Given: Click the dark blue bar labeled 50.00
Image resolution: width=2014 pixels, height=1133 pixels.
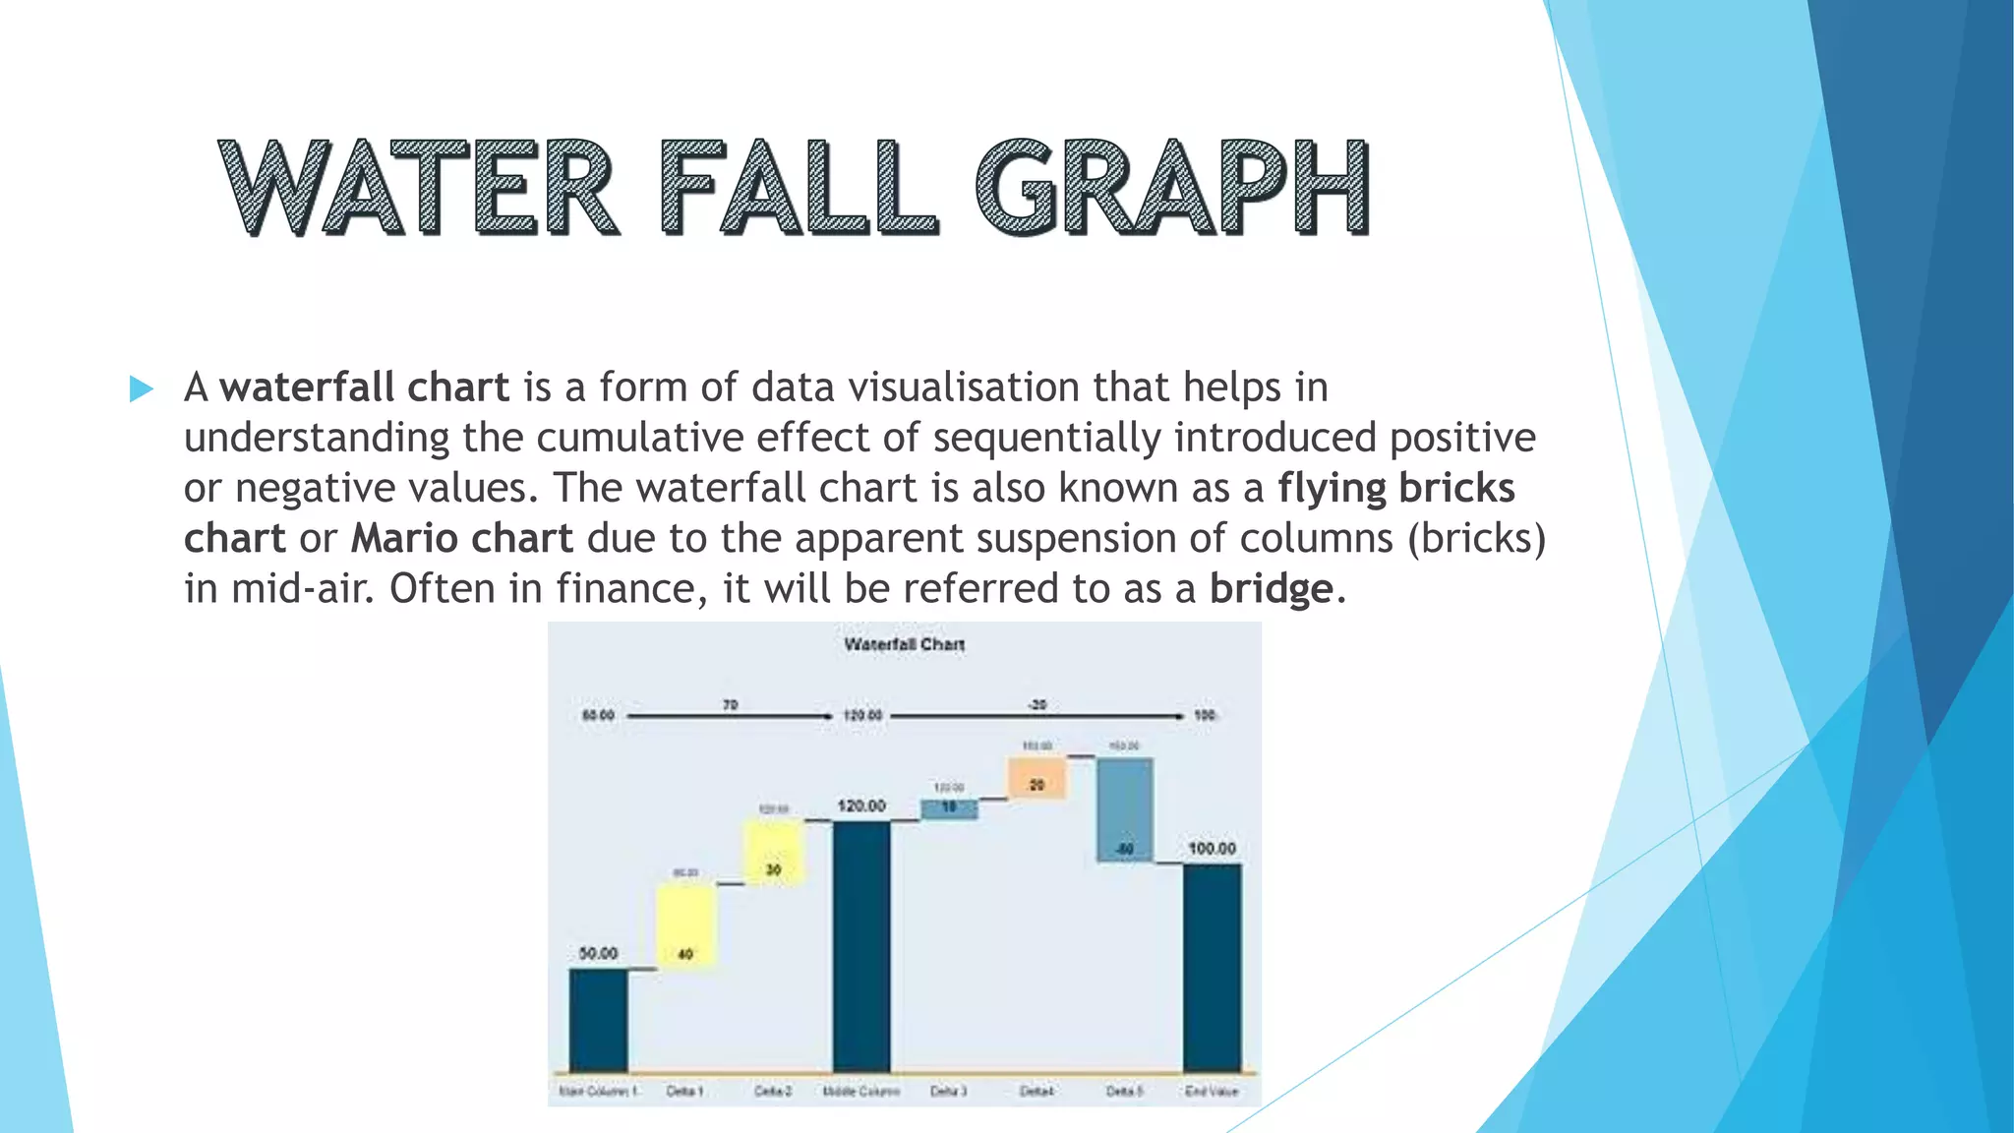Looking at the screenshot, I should [598, 1020].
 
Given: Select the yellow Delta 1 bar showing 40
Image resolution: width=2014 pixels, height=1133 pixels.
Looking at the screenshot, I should [685, 924].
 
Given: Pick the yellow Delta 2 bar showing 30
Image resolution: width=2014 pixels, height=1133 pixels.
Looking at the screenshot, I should [774, 852].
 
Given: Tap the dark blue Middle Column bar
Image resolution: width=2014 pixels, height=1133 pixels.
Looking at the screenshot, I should [861, 946].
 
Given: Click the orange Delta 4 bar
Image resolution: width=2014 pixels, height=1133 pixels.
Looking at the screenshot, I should [1037, 777].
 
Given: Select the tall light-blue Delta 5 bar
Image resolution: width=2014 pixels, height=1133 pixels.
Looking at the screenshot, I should [1124, 809].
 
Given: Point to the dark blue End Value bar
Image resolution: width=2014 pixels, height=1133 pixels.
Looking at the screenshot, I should [1212, 968].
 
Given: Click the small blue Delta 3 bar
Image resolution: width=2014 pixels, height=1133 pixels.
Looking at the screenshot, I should [949, 808].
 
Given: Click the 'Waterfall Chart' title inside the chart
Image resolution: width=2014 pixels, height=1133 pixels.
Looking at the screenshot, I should [904, 644].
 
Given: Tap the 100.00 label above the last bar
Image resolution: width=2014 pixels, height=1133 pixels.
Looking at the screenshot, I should [1212, 848].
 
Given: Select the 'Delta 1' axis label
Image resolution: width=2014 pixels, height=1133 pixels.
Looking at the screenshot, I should [684, 1091].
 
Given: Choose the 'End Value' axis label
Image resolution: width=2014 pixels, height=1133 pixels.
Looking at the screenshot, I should [1212, 1091].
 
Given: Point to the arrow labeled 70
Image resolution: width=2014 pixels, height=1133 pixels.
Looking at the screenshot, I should [730, 716].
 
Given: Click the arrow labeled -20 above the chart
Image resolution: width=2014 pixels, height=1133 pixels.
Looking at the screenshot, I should [1037, 716].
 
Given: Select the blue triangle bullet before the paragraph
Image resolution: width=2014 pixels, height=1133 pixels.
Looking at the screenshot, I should [142, 388].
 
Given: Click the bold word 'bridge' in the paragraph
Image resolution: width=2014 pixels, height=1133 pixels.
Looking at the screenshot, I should [1271, 588].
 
